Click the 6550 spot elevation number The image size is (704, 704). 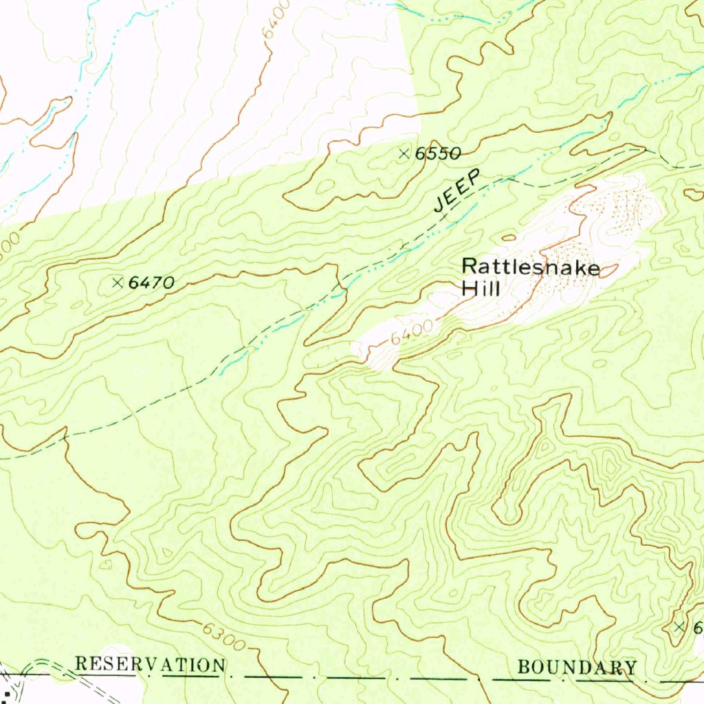click(437, 154)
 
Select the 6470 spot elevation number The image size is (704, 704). click(151, 282)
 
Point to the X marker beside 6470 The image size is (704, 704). click(117, 282)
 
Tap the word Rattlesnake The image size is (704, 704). click(530, 267)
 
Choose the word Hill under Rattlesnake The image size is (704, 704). click(481, 289)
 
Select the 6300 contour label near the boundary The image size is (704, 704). click(223, 637)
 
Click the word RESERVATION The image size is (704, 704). click(150, 665)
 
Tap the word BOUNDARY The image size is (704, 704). click(577, 667)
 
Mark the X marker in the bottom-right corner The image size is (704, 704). click(679, 626)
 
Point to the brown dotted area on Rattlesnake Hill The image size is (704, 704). click(619, 210)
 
